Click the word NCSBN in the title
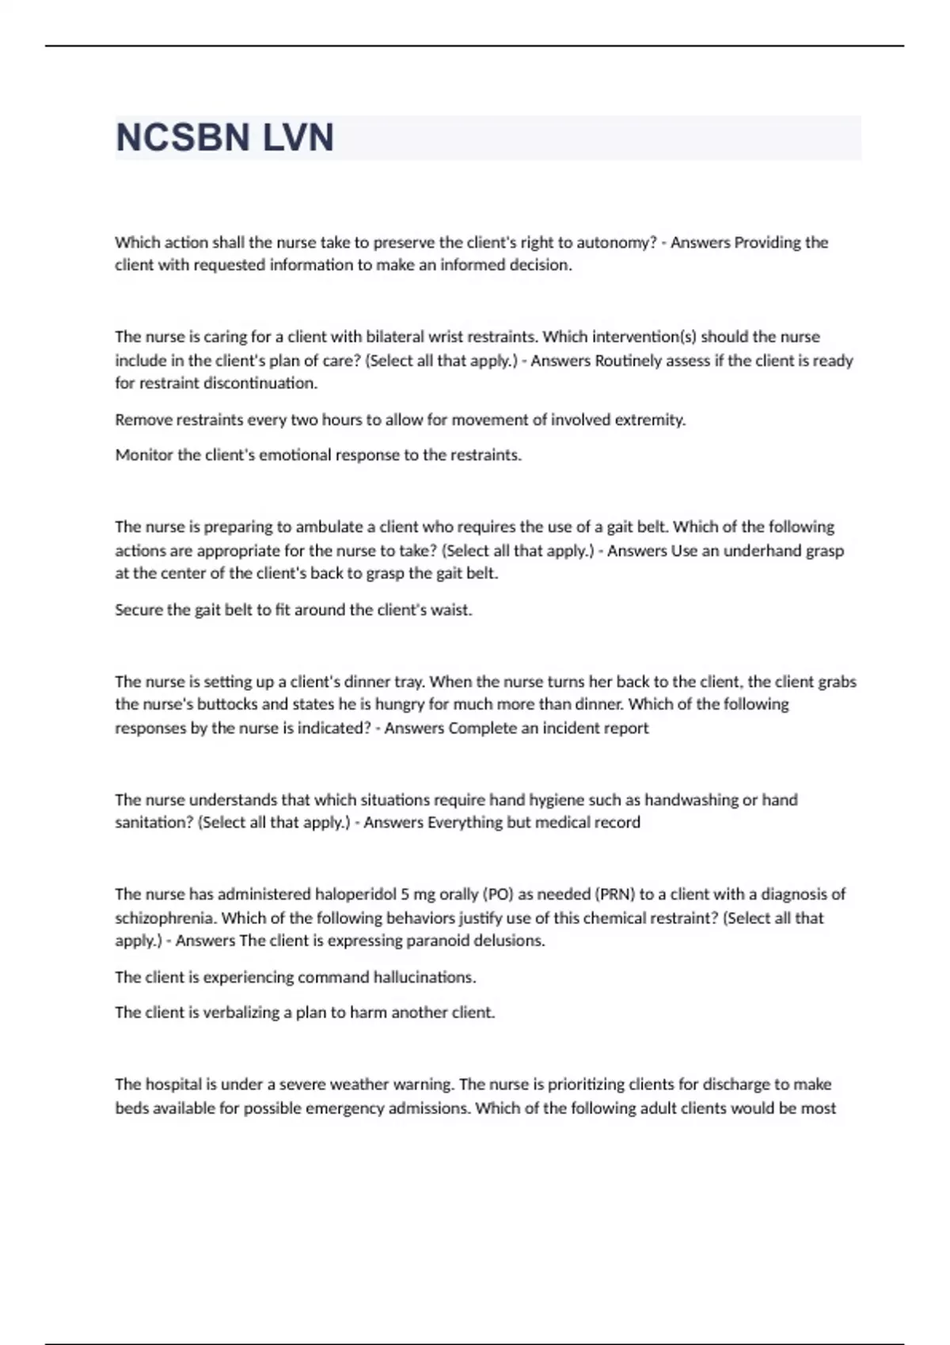(183, 138)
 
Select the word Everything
(465, 823)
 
